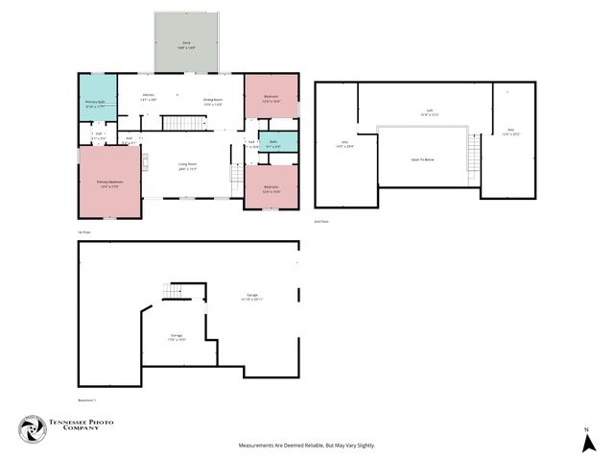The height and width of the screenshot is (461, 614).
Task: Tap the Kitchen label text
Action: pyautogui.click(x=150, y=95)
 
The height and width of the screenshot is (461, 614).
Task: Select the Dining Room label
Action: pyautogui.click(x=213, y=100)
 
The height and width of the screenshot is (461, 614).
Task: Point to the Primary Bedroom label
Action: pyautogui.click(x=108, y=182)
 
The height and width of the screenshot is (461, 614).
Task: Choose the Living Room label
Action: pyautogui.click(x=187, y=165)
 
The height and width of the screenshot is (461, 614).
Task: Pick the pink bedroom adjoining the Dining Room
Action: pyautogui.click(x=271, y=96)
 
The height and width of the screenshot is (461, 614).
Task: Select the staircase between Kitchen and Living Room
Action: pyautogui.click(x=178, y=122)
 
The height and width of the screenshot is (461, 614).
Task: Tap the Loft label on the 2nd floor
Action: pyautogui.click(x=429, y=110)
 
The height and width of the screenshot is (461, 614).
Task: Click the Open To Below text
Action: pyautogui.click(x=424, y=158)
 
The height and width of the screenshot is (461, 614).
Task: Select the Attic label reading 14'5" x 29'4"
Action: pyautogui.click(x=342, y=143)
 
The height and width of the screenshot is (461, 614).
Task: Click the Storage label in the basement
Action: pyautogui.click(x=177, y=335)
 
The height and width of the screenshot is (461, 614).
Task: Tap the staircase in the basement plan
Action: pyautogui.click(x=175, y=291)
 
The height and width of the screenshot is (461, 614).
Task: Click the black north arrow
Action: pyautogui.click(x=586, y=443)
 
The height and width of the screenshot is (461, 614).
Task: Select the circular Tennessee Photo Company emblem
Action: pyautogui.click(x=34, y=429)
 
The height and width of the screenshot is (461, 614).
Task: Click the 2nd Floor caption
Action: pyautogui.click(x=322, y=221)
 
